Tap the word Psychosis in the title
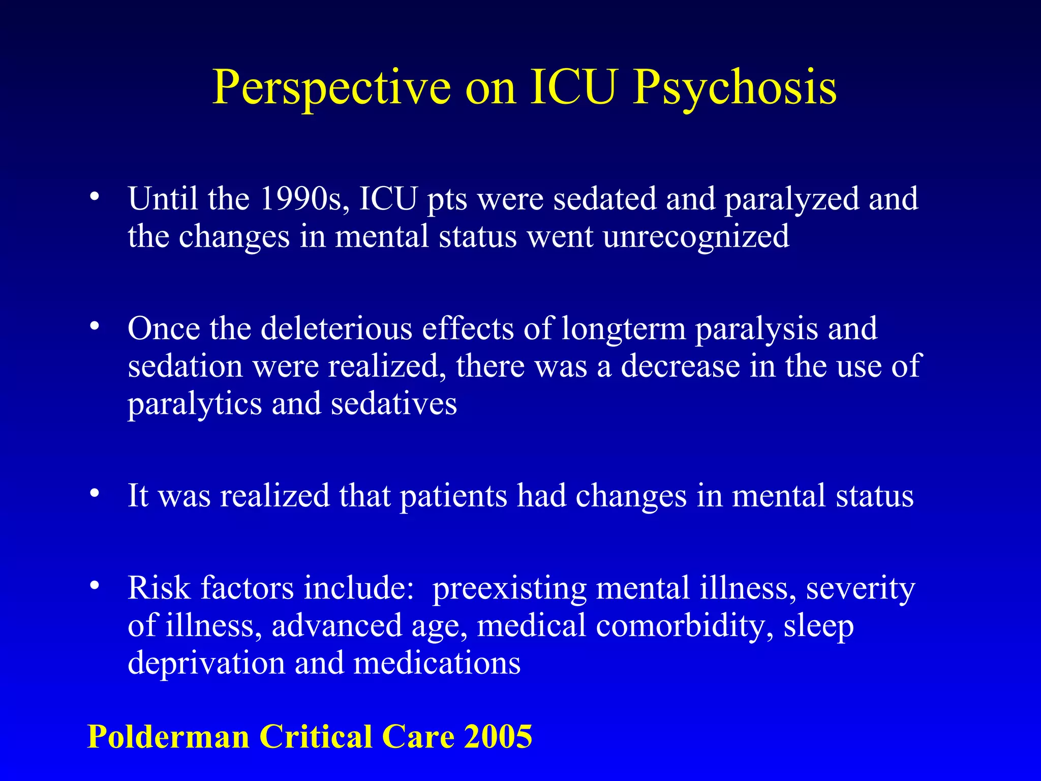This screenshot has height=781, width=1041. [734, 87]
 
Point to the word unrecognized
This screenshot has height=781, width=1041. [696, 237]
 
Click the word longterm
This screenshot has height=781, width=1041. [624, 329]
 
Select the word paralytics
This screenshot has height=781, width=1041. [195, 404]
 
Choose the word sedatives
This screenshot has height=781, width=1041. [394, 404]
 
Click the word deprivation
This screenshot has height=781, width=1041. [206, 663]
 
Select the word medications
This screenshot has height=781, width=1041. [437, 663]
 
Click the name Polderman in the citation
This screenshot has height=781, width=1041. [168, 736]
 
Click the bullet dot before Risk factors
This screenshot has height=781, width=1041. [94, 586]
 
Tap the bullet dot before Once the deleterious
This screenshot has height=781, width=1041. [94, 327]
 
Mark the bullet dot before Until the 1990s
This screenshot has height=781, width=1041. [94, 197]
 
